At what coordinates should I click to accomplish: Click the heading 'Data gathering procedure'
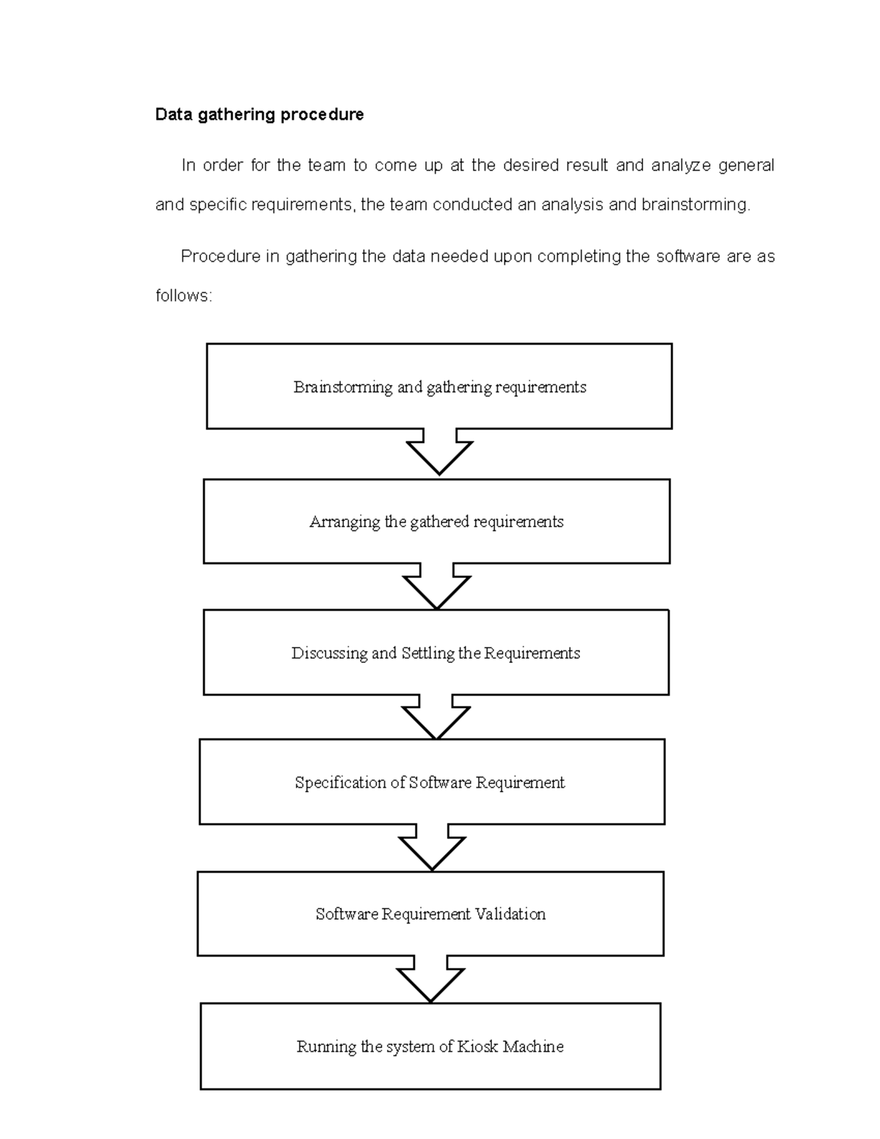point(259,114)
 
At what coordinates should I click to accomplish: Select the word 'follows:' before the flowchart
point(183,296)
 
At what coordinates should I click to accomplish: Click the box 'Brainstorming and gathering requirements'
point(439,387)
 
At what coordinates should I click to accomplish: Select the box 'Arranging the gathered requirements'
point(436,521)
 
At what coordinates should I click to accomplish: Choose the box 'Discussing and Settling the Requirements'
point(436,653)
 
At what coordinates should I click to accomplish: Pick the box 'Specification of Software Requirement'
point(431,782)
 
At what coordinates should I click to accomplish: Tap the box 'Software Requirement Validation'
point(430,914)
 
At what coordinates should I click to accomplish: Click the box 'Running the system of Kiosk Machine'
point(430,1047)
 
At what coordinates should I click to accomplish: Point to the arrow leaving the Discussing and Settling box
point(436,718)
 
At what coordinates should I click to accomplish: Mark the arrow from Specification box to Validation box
point(432,849)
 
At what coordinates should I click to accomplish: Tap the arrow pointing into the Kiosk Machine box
point(430,980)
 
